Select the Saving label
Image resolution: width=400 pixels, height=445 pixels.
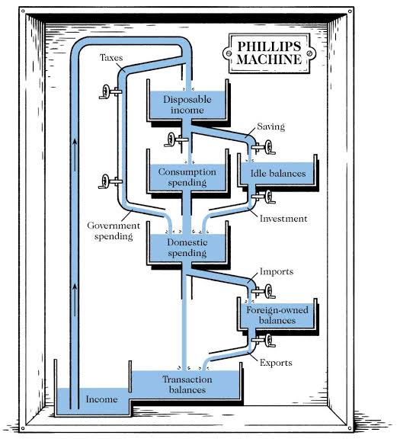(x=270, y=126)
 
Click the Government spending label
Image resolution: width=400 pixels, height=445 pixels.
(x=112, y=231)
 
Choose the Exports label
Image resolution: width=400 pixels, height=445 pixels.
(x=275, y=363)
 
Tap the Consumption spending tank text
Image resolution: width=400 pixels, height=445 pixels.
(x=187, y=178)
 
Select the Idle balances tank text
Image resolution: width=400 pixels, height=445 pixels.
(x=277, y=174)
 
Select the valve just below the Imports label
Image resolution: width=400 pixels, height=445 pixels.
(x=267, y=290)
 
